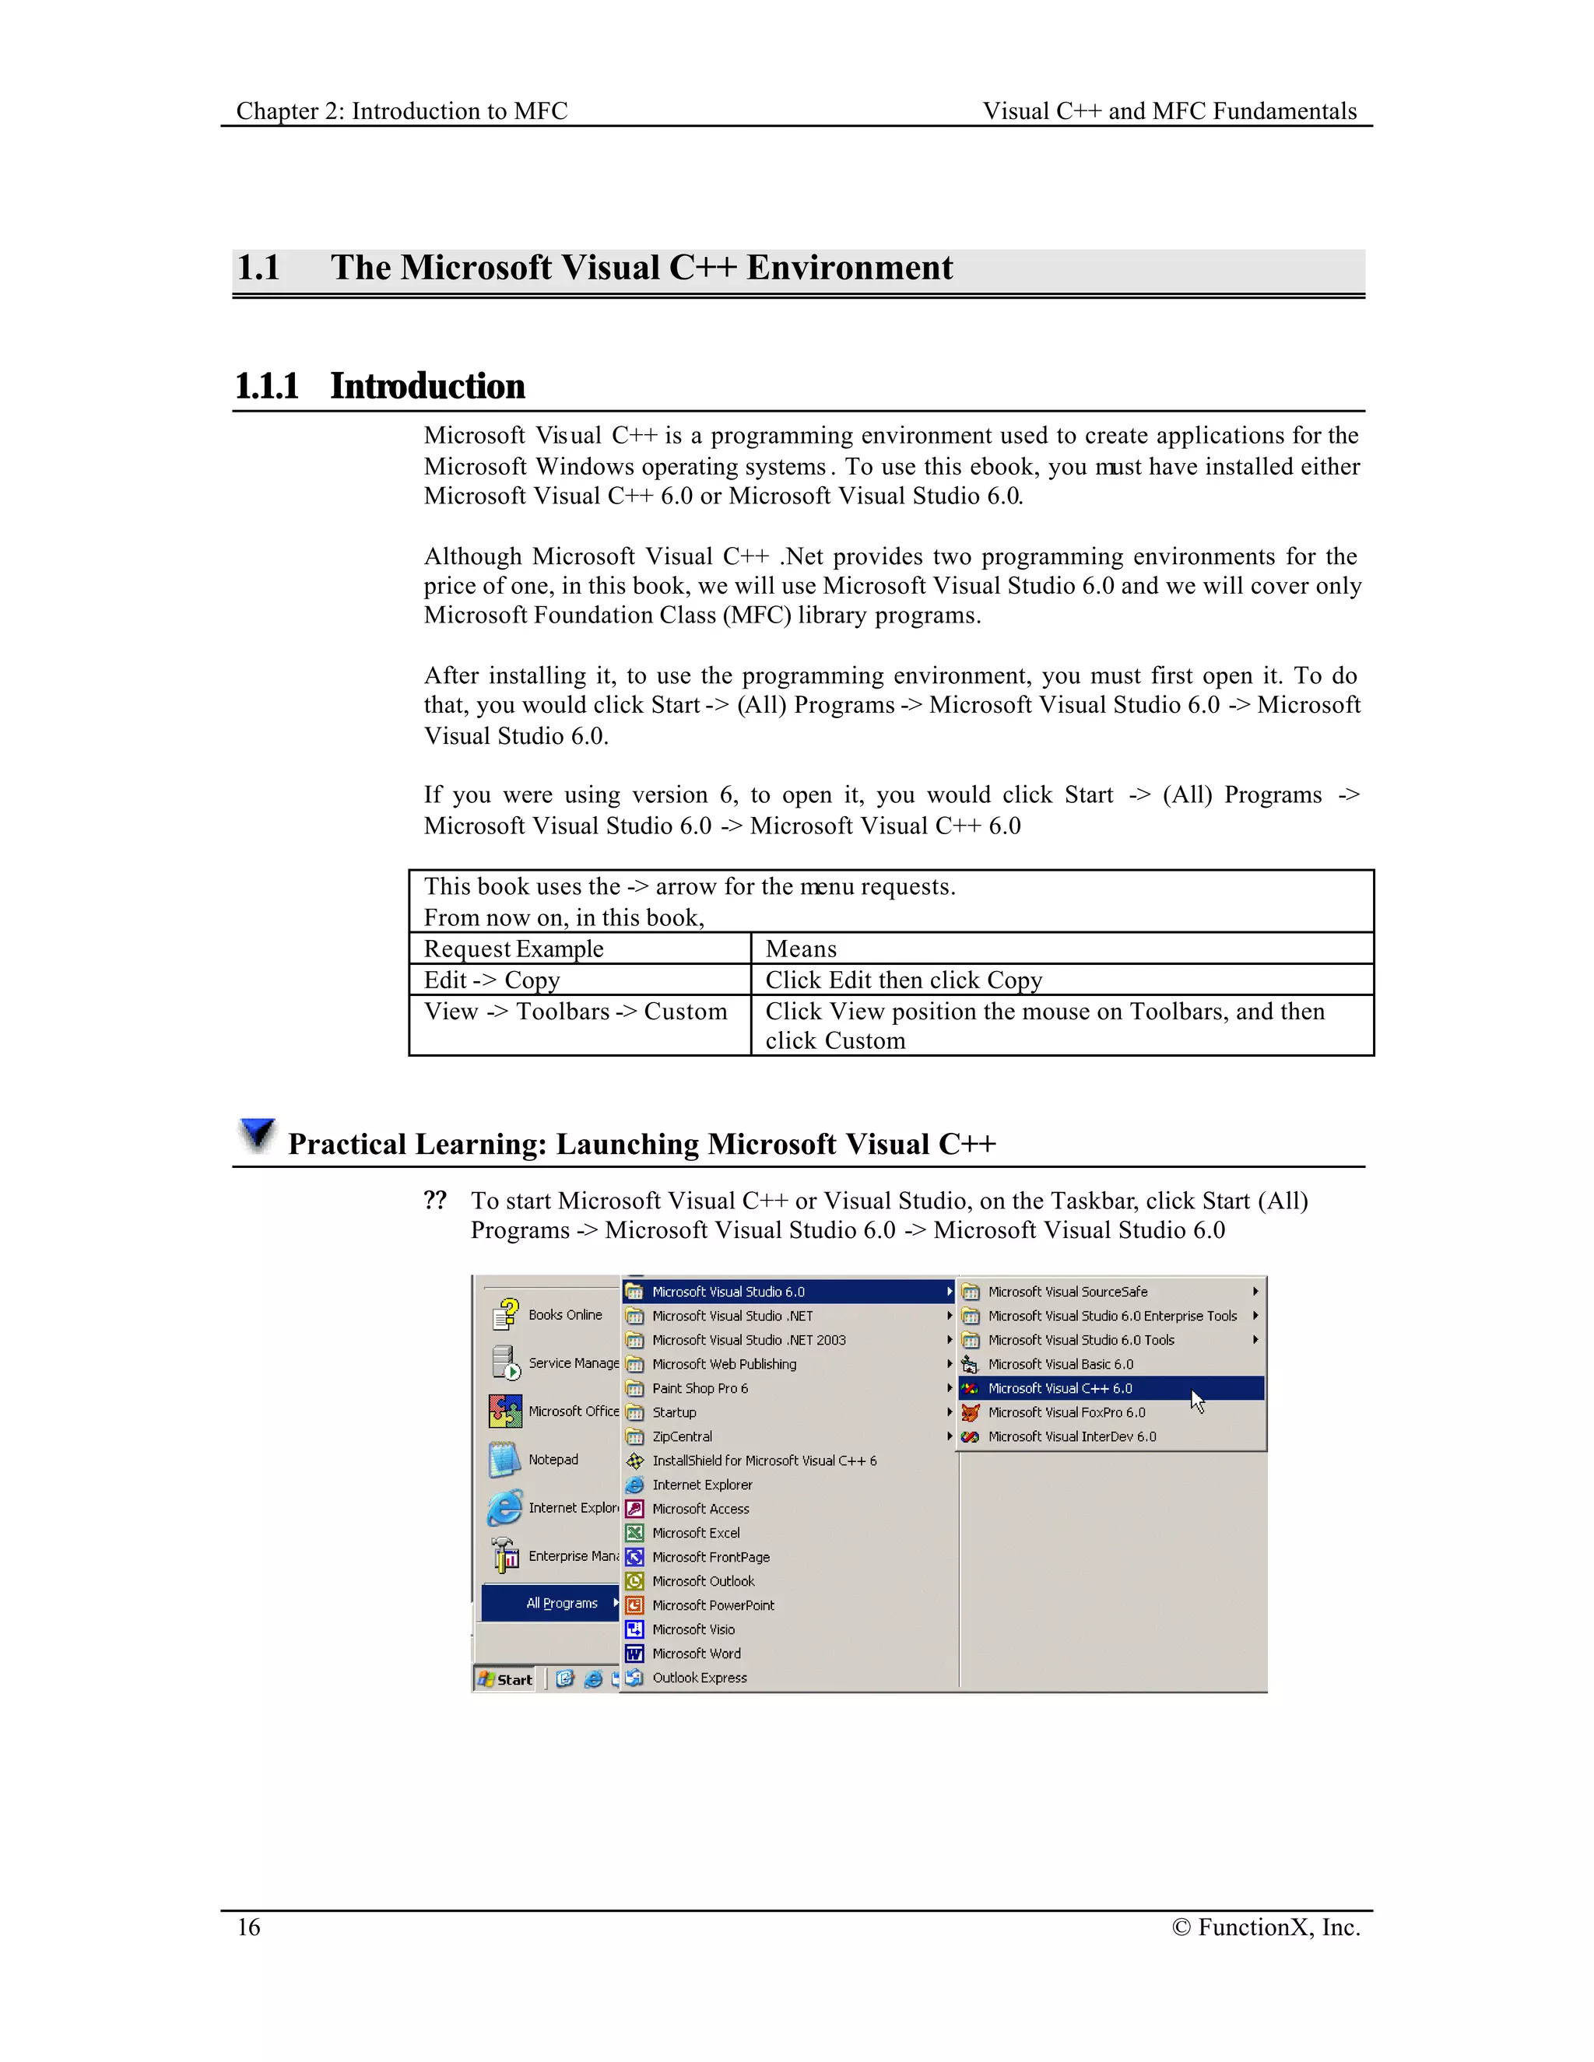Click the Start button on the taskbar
[x=505, y=1680]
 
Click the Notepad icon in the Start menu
[x=504, y=1460]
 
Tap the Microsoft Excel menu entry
[x=695, y=1532]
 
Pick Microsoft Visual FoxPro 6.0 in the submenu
[x=1066, y=1412]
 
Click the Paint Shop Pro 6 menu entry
[x=700, y=1388]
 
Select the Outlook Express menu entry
[x=699, y=1678]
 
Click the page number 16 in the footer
[x=248, y=1927]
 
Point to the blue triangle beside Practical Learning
[x=257, y=1134]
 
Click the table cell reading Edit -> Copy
[x=492, y=980]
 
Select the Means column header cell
[x=801, y=949]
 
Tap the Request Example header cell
[x=514, y=949]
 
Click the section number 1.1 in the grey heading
[x=258, y=268]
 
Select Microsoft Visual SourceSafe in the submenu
[x=1067, y=1292]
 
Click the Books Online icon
[x=505, y=1314]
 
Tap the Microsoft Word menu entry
[x=696, y=1653]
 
